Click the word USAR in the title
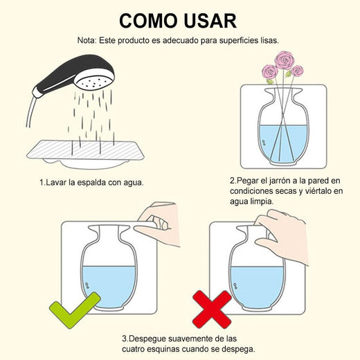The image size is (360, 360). tap(210, 21)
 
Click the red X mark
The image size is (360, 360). tap(213, 309)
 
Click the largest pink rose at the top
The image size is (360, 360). tap(285, 60)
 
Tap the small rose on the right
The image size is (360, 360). tap(297, 71)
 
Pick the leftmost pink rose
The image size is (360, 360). tap(270, 72)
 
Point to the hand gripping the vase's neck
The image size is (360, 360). tap(282, 237)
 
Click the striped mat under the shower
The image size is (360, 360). tap(85, 150)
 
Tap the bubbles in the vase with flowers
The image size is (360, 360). tap(264, 143)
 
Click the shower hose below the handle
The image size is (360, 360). tap(30, 112)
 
